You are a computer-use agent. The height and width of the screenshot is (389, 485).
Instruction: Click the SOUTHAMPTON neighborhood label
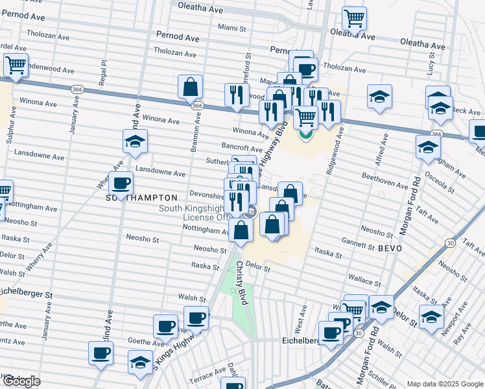[141, 197]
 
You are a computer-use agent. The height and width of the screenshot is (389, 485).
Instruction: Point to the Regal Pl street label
[103, 72]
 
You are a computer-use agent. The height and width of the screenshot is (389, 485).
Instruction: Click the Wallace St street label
[364, 279]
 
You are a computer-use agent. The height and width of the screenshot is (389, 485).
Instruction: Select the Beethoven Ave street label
[384, 181]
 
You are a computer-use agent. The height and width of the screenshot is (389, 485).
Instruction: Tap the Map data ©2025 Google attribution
[444, 384]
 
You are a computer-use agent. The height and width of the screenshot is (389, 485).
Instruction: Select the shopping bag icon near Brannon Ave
[190, 86]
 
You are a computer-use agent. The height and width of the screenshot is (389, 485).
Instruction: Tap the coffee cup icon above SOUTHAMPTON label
[121, 183]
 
